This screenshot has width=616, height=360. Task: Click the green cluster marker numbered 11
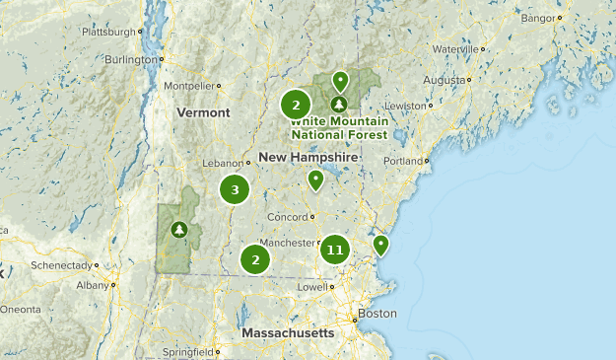click(335, 251)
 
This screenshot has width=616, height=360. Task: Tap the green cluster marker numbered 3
click(235, 190)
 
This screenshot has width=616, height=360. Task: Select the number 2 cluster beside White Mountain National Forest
click(296, 104)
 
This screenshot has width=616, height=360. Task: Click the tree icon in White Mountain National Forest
click(339, 104)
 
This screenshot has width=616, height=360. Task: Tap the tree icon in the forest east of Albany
click(179, 230)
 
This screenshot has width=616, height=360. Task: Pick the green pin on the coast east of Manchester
click(379, 244)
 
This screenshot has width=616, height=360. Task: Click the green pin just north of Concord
click(315, 180)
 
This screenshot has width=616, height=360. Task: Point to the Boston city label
click(377, 314)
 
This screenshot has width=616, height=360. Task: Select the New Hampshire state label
click(308, 158)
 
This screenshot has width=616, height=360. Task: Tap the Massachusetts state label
click(288, 333)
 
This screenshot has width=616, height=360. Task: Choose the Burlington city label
click(132, 59)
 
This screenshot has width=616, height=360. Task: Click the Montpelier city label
click(188, 86)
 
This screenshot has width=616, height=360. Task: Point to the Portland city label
click(402, 161)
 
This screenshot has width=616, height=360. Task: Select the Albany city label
click(92, 284)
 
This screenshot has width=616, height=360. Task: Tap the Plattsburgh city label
click(105, 32)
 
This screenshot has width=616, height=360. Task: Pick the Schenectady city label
click(62, 265)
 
